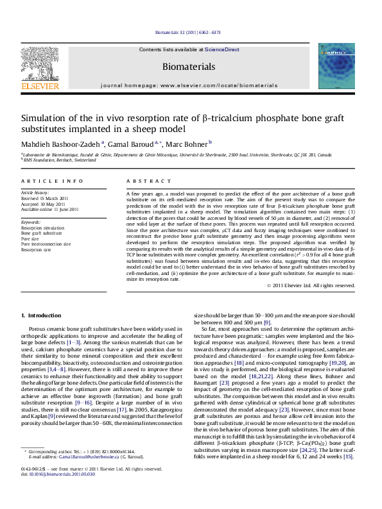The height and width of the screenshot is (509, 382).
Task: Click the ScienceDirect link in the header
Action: pyautogui.click(x=223, y=49)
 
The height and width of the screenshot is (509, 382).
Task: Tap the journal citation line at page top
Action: pyautogui.click(x=189, y=32)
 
